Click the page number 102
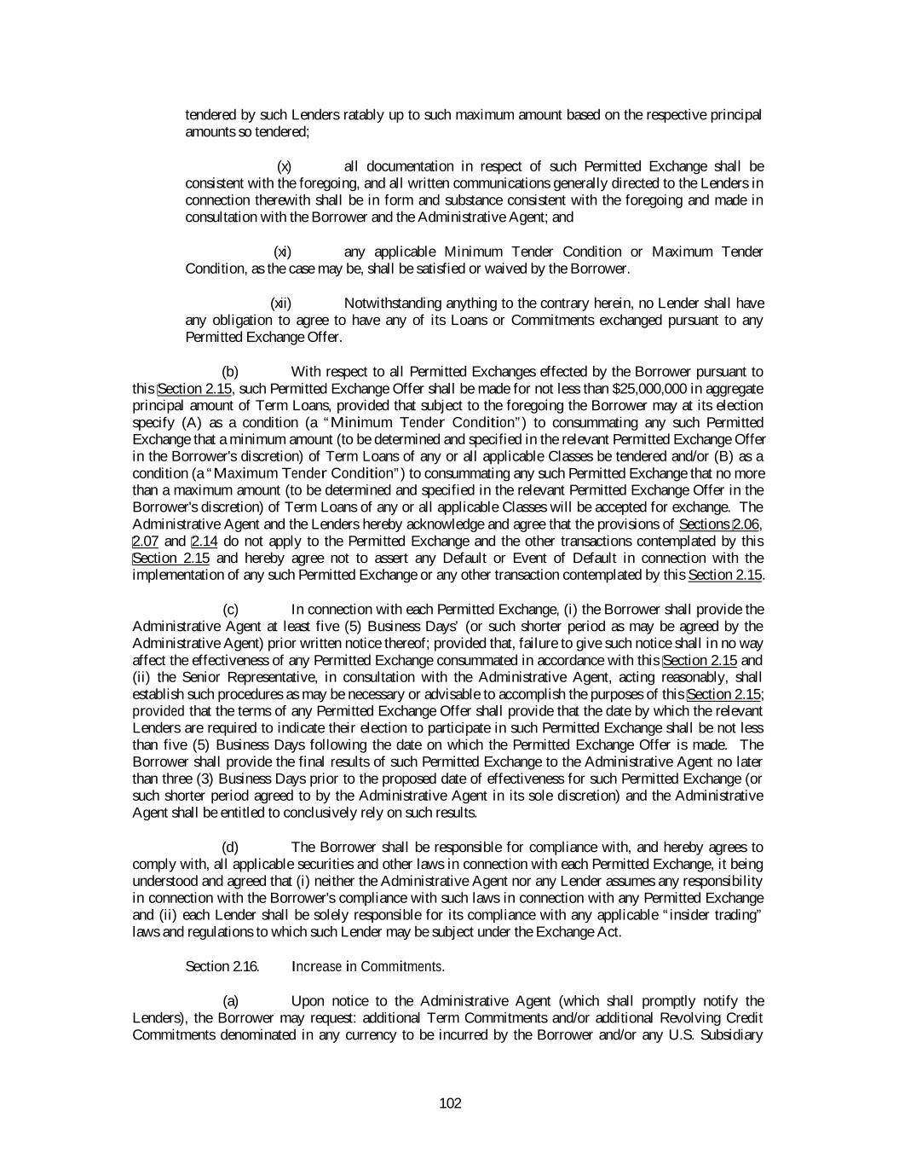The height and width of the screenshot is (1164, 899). click(450, 1103)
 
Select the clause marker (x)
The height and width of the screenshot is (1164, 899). click(285, 166)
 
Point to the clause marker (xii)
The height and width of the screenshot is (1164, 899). click(281, 303)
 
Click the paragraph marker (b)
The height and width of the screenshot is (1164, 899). click(230, 371)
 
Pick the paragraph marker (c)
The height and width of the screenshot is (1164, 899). click(230, 609)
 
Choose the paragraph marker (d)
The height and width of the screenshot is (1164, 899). click(230, 847)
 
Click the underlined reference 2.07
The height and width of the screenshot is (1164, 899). click(146, 541)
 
